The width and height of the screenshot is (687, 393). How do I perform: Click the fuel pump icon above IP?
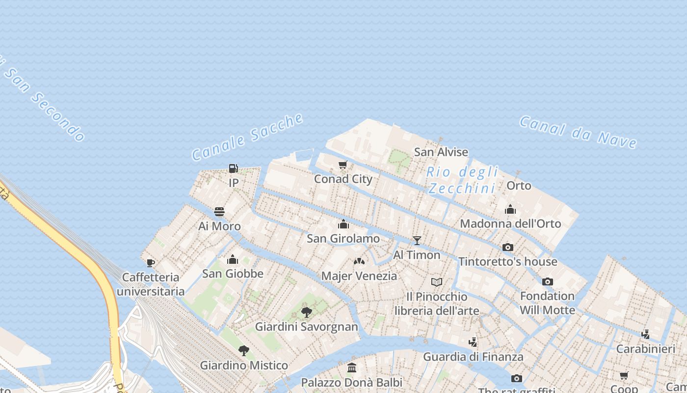pos(234,168)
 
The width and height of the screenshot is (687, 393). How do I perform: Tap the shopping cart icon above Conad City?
pos(343,165)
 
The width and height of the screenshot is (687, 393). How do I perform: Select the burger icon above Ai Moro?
pos(219,212)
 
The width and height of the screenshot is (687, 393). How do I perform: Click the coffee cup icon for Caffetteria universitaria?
pos(151,263)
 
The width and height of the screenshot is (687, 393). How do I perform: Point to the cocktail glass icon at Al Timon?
pos(417,240)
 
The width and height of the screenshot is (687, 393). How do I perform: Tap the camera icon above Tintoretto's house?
pos(508,247)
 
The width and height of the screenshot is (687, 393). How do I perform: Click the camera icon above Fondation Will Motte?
pos(547,281)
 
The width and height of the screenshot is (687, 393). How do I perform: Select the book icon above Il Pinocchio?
pos(437,282)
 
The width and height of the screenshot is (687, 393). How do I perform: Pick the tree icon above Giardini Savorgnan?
pos(307,312)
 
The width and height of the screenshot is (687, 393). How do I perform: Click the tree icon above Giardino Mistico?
pos(243,350)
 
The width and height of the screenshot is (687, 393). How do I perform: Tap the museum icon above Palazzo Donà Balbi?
pos(352,367)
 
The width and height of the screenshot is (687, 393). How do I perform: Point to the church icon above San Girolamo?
pos(343,224)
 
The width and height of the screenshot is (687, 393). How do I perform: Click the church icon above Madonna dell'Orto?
pos(510,209)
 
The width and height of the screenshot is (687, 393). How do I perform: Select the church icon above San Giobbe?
pos(233,259)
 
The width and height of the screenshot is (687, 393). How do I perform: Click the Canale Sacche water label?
pos(247,137)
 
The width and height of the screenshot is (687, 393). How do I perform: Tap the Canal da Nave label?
pos(578,132)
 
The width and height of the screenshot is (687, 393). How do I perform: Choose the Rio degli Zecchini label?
pos(462,180)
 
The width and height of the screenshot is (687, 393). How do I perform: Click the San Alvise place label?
pos(441,152)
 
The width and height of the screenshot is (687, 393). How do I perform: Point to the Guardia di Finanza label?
pos(473,357)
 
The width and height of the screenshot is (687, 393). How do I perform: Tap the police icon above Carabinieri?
pos(646,334)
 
